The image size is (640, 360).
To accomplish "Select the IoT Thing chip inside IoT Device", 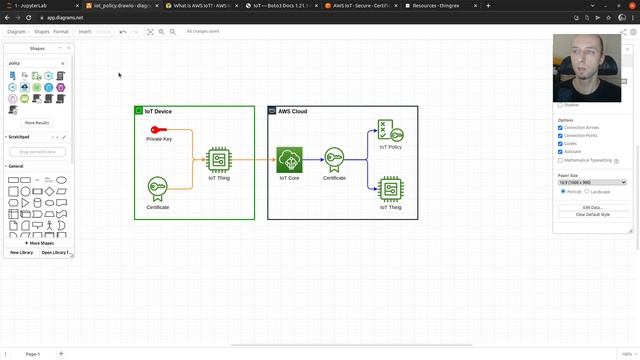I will [219, 160].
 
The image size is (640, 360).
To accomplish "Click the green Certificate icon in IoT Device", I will [158, 189].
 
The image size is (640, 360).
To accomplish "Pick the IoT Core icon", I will [289, 160].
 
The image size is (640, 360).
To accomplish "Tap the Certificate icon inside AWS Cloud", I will [334, 160].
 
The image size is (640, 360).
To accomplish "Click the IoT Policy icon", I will [390, 131].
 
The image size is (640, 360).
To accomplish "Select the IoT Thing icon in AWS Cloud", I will [390, 189].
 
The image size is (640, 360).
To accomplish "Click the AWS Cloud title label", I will [293, 111].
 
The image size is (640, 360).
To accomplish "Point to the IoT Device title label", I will [158, 111].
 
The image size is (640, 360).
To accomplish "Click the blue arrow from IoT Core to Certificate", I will [313, 160].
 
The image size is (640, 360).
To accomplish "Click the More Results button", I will [37, 123].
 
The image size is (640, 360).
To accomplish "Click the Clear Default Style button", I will [593, 215].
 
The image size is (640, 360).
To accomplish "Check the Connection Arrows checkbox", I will [560, 127].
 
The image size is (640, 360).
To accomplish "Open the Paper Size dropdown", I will [592, 183].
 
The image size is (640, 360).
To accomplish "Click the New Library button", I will [22, 252].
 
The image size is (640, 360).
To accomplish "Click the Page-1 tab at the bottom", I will [33, 354].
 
